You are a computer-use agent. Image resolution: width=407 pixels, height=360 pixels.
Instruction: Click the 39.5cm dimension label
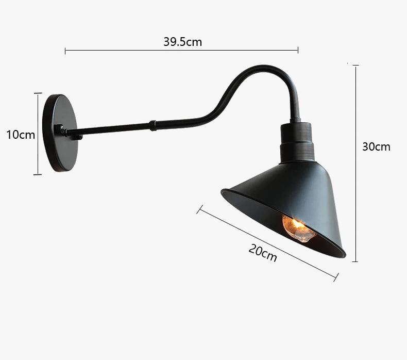182,42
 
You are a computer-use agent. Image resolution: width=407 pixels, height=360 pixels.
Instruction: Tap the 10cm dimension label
21,135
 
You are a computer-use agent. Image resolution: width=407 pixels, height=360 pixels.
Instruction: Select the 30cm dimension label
376,146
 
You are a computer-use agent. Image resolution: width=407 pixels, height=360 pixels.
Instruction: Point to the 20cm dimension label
263,253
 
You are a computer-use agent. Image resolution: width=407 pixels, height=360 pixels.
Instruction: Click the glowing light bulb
299,228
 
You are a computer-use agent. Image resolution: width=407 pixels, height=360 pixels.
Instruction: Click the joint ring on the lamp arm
152,125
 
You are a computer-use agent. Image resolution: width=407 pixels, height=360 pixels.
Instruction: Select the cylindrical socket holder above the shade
298,143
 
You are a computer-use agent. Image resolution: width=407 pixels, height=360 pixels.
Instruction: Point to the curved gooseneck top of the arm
268,69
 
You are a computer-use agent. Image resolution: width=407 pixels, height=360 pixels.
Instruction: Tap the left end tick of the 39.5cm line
65,51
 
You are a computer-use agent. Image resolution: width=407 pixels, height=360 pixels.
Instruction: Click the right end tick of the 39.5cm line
298,51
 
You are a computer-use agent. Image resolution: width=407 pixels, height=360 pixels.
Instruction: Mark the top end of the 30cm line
355,66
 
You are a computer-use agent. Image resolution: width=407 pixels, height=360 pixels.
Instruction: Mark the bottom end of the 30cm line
355,261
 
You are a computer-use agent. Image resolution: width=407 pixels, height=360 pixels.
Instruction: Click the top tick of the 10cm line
38,93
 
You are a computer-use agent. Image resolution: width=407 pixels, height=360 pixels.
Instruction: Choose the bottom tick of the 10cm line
38,174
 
